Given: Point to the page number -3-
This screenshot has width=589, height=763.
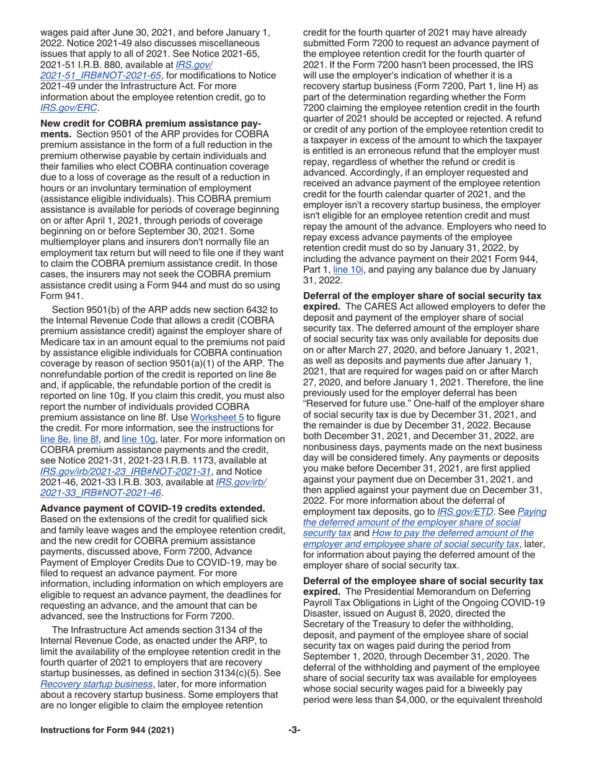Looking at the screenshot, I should (x=294, y=747).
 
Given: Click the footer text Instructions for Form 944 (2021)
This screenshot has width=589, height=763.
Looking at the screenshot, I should (x=107, y=747).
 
